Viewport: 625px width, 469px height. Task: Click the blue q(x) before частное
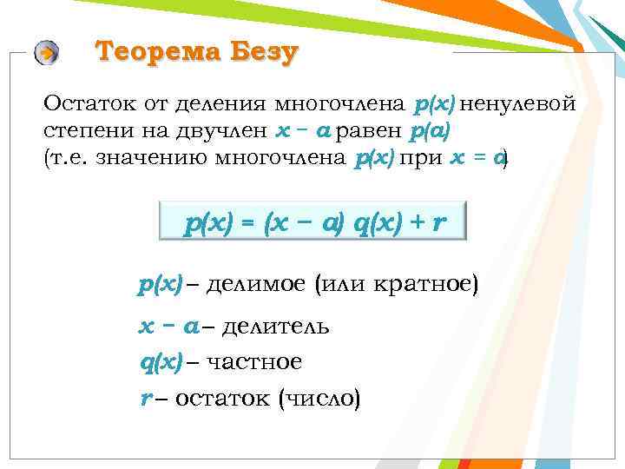coord(161,360)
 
